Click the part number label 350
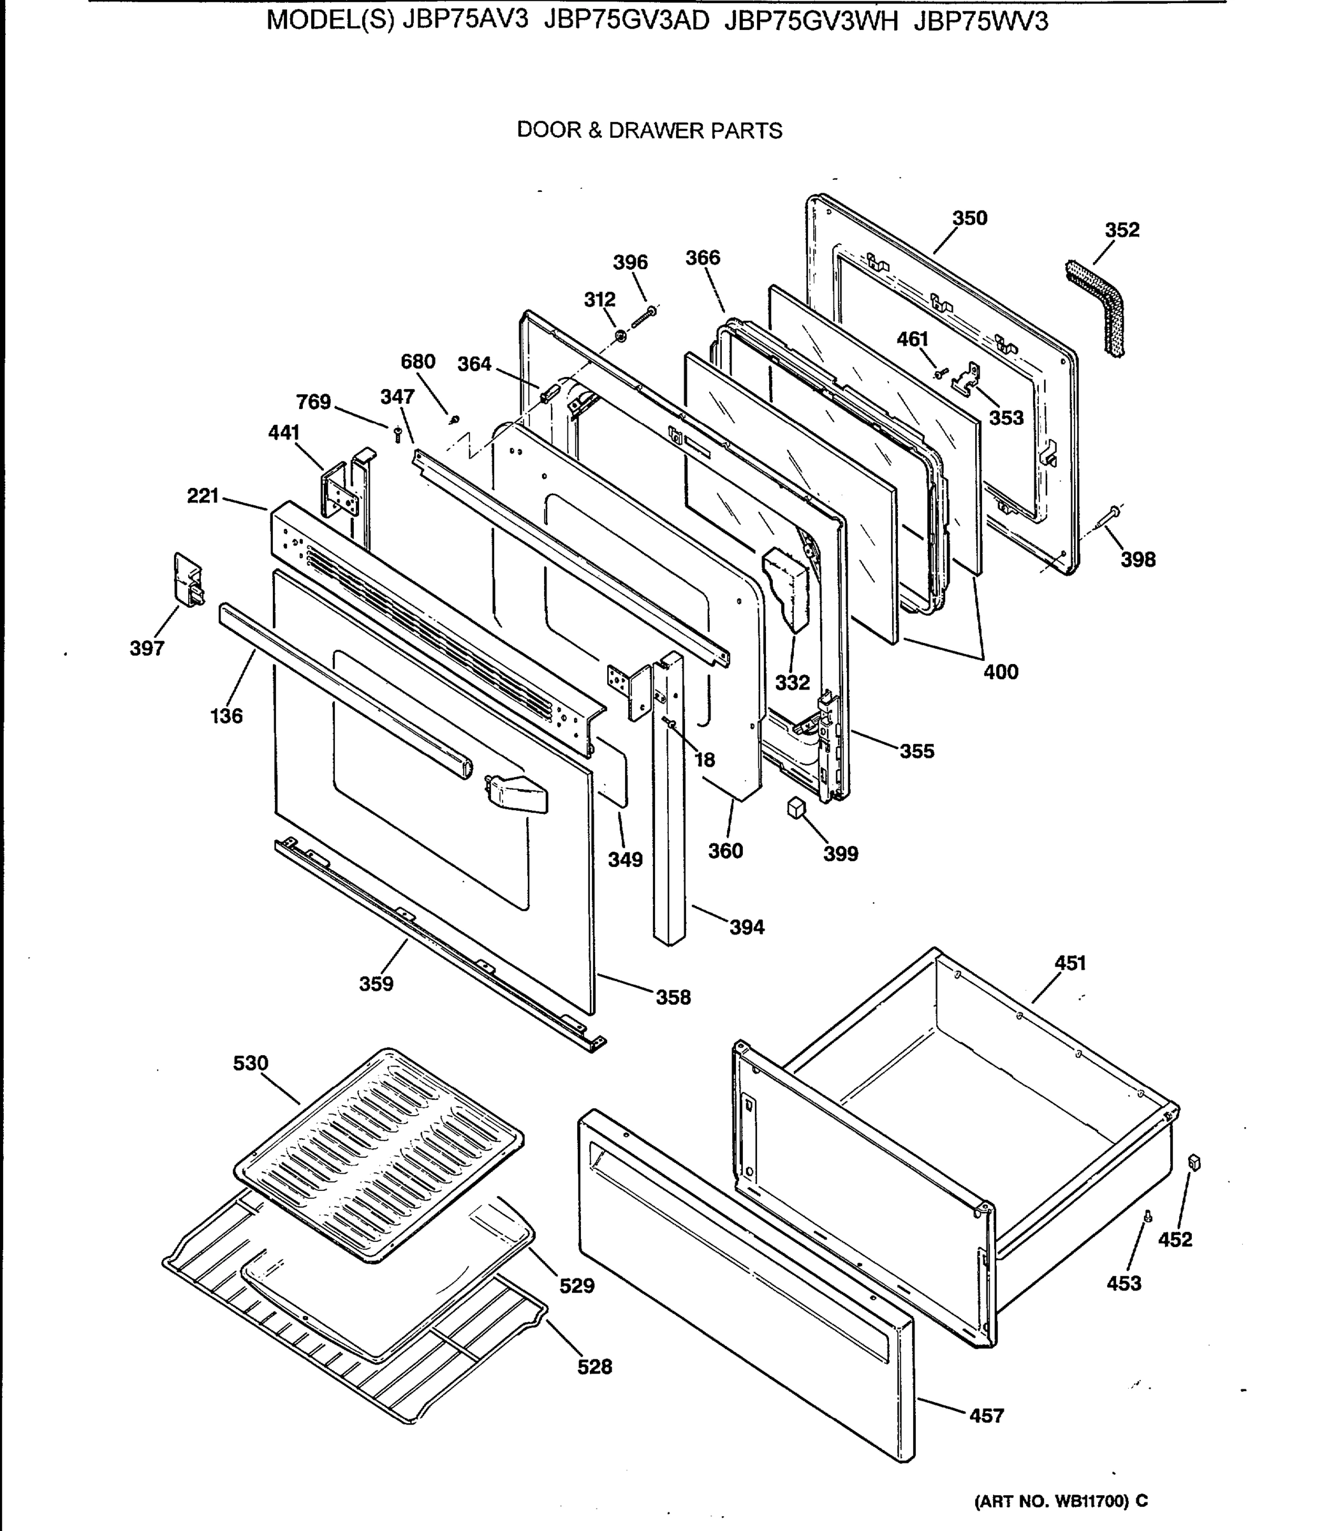(969, 218)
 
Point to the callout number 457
(987, 1416)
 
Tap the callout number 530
(251, 1063)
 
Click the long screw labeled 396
(642, 317)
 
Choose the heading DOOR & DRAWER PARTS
(649, 131)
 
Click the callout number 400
(1001, 672)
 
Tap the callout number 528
(595, 1366)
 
